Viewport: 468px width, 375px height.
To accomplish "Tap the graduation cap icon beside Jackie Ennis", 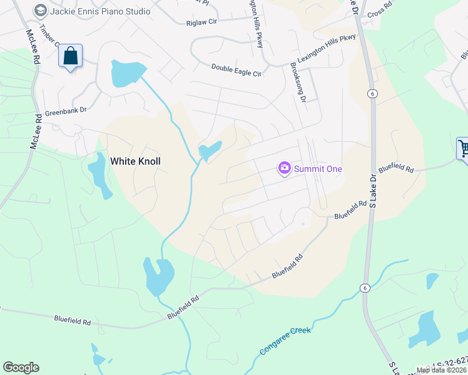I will coord(41,11).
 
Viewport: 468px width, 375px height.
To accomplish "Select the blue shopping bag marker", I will coord(70,56).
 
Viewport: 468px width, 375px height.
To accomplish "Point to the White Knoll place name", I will coord(135,161).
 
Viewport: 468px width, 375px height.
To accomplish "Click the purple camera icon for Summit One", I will coord(285,168).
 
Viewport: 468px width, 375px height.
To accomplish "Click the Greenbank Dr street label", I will coord(65,114).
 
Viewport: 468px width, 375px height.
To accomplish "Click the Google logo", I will coord(21,367).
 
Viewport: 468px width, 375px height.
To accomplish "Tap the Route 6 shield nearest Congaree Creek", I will coord(364,287).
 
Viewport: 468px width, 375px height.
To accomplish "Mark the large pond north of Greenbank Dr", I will coord(126,74).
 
